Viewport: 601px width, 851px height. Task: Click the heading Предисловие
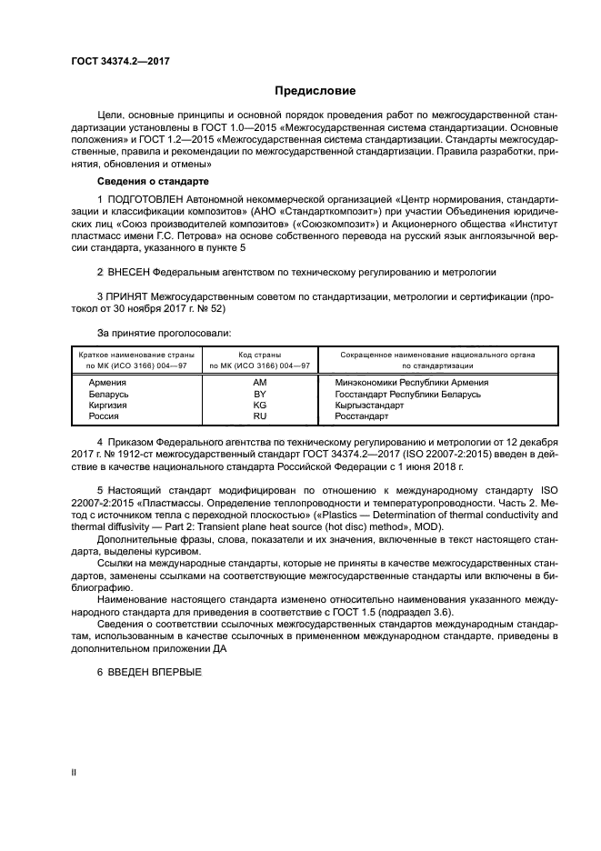[315, 91]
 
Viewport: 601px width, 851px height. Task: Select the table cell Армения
[107, 383]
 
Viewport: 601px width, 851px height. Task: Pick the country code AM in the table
[259, 383]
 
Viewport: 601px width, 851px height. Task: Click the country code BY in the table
[259, 394]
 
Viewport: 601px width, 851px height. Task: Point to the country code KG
[259, 405]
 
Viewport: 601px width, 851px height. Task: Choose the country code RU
[259, 415]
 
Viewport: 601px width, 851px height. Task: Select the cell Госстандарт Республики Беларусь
[407, 394]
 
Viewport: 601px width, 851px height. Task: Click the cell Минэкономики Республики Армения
[412, 383]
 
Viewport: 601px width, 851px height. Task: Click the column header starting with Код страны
[259, 359]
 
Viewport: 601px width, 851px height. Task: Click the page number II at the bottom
[74, 772]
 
